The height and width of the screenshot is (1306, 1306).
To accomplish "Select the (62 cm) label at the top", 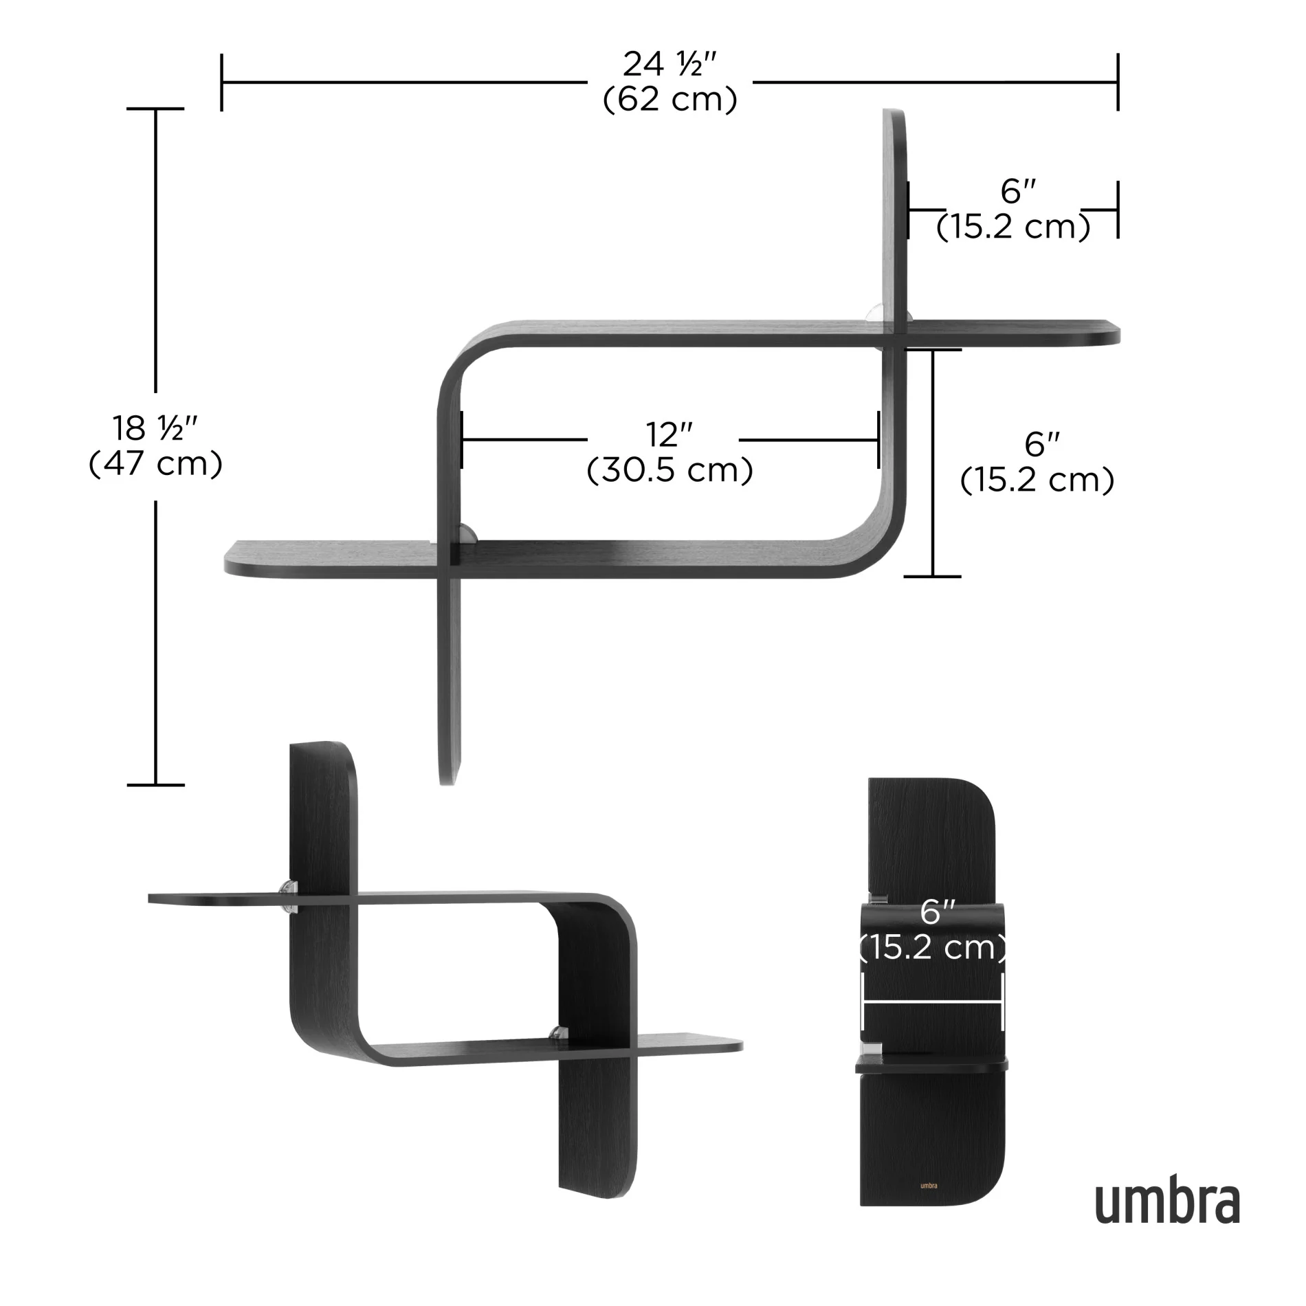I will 669,100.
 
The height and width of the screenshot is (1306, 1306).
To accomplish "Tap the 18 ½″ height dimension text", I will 155,429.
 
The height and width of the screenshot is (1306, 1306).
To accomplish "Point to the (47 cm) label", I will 155,464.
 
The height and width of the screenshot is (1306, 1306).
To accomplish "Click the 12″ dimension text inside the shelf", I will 669,435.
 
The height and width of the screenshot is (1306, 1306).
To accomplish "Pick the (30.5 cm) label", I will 669,471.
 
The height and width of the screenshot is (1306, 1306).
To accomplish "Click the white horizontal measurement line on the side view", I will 933,1003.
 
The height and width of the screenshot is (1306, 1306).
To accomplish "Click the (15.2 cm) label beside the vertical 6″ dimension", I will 1037,480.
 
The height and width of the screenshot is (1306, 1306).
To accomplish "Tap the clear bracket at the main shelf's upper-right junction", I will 877,312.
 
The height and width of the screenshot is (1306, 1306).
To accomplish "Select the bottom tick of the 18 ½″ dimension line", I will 156,784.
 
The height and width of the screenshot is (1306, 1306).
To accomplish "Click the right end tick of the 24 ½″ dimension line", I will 1118,82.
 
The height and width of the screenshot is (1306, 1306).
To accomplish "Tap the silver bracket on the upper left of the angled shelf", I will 290,896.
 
